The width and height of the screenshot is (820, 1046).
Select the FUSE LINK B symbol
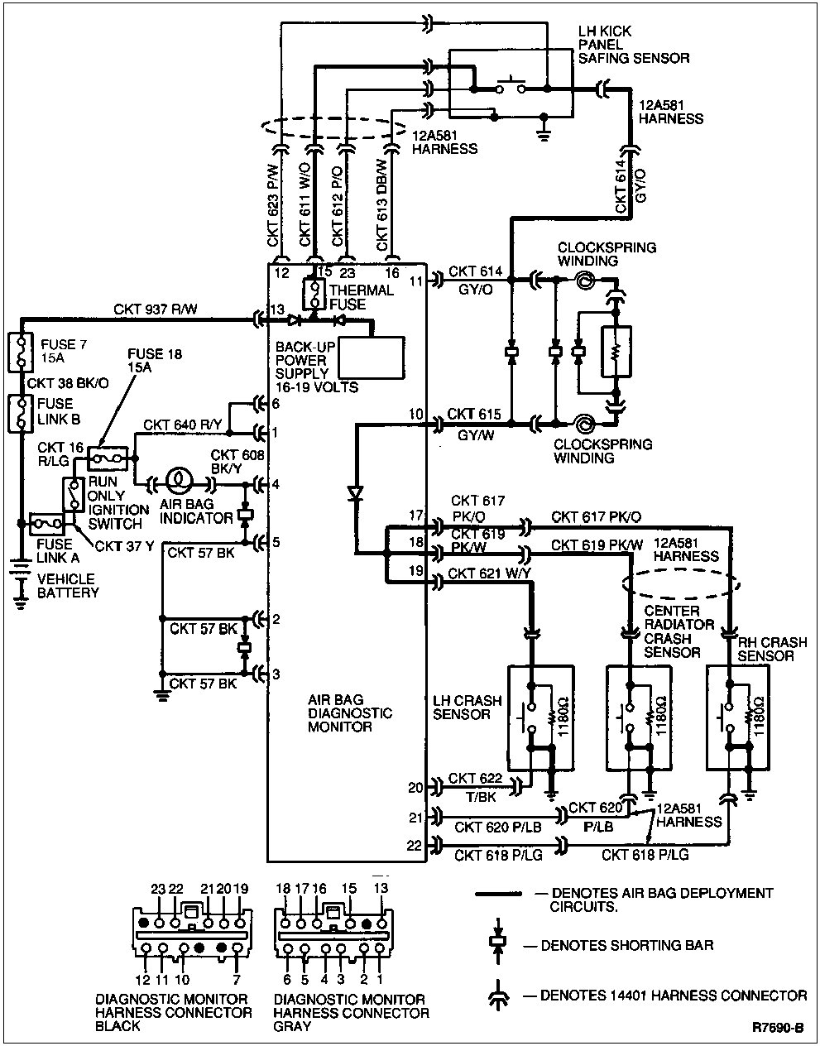[19, 411]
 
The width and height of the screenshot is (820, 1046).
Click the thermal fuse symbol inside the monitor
[315, 294]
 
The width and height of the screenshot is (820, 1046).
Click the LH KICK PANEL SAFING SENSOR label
[633, 45]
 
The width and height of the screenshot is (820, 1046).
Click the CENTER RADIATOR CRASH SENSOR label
[672, 631]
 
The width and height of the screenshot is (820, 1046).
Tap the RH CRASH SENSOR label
[765, 648]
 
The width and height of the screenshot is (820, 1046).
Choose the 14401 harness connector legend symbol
[497, 996]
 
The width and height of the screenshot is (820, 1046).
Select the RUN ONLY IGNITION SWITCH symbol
[74, 494]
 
